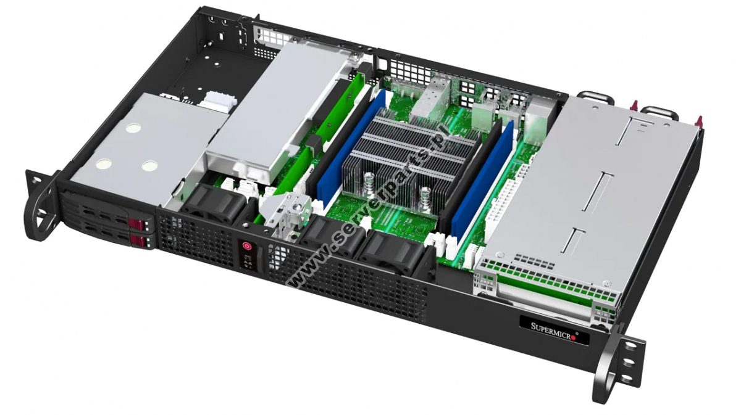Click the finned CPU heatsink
tap(401, 157)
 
